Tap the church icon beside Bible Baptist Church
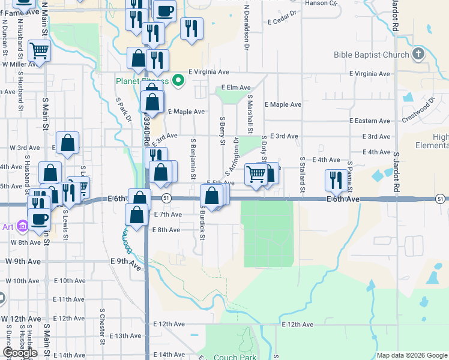(x=418, y=55)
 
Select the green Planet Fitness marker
(x=178, y=80)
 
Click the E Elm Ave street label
(x=237, y=88)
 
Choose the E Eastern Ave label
(x=372, y=121)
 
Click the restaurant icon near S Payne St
(x=335, y=179)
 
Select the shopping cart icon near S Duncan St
(x=39, y=52)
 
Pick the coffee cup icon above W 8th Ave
(x=39, y=219)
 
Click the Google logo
(x=20, y=353)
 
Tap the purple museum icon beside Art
(x=23, y=226)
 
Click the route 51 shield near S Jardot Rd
(x=441, y=199)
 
